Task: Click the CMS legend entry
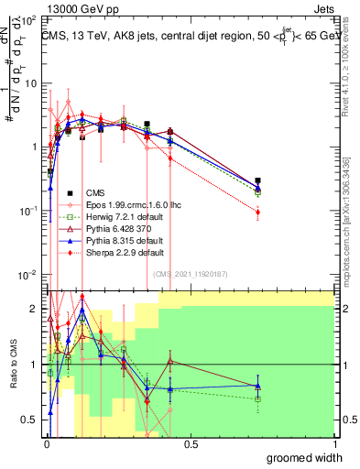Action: pyautogui.click(x=95, y=193)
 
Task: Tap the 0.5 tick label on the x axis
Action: pyautogui.click(x=191, y=444)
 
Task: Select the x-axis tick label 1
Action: pyautogui.click(x=334, y=444)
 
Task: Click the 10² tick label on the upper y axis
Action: pyautogui.click(x=29, y=18)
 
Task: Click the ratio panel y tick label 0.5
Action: pyautogui.click(x=29, y=420)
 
